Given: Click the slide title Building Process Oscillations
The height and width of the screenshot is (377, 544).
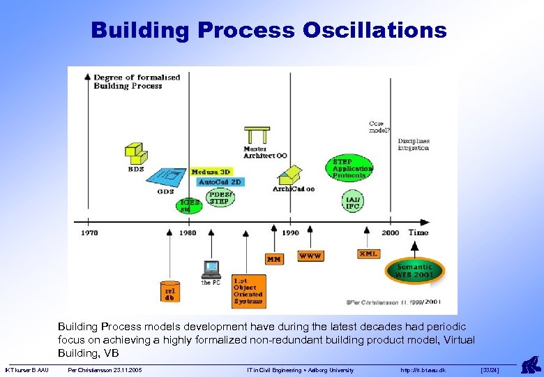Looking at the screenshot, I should pos(269,31).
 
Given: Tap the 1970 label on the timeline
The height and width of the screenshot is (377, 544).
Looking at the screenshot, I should pos(89,233).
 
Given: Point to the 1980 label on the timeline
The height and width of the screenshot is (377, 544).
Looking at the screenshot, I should pos(188,233).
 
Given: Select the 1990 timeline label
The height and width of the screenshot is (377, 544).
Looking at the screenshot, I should pos(290,233).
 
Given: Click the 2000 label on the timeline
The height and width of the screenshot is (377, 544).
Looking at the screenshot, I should pos(391,233).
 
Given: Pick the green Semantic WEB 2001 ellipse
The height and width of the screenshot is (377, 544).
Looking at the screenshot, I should pos(415,270).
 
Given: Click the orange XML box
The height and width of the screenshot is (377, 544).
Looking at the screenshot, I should pos(368,254).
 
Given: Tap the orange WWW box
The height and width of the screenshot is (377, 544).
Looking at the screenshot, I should pos(310,256).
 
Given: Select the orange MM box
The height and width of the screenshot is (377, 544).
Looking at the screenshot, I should pos(274,259).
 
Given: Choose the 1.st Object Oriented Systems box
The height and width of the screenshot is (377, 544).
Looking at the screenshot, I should pos(248,289).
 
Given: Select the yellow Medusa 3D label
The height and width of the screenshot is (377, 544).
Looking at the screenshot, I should pos(210,172).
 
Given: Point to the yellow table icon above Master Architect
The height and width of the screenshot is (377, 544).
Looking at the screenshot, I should pos(257,135).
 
